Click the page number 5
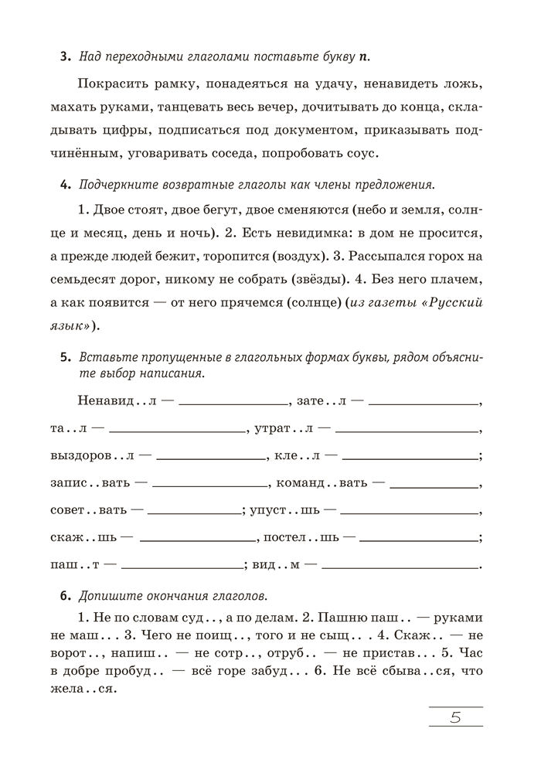coord(455,717)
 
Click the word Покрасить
coord(113,83)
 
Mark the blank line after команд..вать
coord(432,487)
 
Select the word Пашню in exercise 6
coord(325,618)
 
